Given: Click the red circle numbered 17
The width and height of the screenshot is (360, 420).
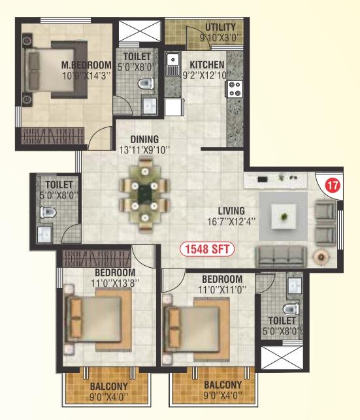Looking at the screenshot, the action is tap(333, 185).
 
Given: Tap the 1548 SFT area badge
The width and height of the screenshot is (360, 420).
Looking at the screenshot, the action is tap(207, 249).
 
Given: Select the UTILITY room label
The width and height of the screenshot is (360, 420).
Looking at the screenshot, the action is tap(220, 27).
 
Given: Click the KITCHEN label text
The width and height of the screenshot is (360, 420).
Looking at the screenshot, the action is tap(206, 65).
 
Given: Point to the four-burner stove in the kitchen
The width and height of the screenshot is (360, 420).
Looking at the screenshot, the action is tap(235, 89).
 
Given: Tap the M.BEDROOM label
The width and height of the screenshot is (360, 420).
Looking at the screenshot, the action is tap(86, 65).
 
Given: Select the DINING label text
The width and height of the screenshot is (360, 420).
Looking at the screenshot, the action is tap(144, 139).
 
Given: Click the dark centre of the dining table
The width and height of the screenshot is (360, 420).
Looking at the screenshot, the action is tap(145, 193).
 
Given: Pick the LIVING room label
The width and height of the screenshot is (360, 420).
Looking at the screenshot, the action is tap(231, 211).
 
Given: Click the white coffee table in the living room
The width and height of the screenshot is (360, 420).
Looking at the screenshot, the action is tap(284, 216).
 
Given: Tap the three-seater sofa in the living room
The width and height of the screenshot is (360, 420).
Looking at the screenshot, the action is tap(281, 257).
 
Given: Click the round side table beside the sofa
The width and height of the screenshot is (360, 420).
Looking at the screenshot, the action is tap(321, 257).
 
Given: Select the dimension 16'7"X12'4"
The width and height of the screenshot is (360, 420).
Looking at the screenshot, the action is tap(231, 222).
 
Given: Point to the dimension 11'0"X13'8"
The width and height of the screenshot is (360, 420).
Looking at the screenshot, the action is tap(115, 283).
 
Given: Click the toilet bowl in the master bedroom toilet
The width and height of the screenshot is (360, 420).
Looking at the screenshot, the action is tap(146, 84).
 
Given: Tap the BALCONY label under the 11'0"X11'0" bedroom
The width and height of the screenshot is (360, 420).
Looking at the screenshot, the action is tap(223, 385).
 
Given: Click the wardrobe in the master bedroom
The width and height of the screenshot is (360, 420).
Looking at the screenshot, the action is tap(52, 135).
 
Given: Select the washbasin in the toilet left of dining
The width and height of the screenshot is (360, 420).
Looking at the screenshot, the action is tap(44, 235).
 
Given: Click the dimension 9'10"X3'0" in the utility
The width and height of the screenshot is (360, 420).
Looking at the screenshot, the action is tap(220, 38).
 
